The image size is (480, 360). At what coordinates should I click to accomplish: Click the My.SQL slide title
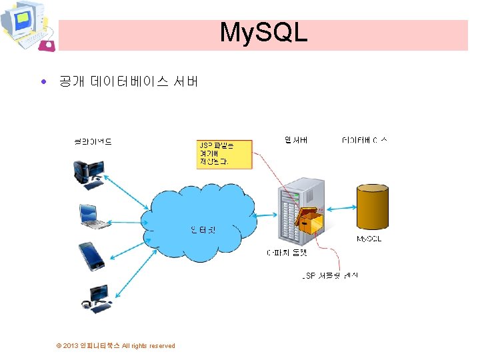click(x=263, y=32)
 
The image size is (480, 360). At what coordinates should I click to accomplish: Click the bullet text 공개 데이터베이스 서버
click(x=128, y=82)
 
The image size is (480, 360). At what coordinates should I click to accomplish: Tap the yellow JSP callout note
click(x=224, y=154)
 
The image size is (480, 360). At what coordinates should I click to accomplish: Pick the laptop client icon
click(x=93, y=215)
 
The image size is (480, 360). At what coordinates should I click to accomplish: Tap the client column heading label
click(x=93, y=141)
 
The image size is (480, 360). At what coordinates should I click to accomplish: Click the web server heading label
click(x=295, y=140)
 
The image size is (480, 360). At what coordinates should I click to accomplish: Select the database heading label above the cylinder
click(x=364, y=140)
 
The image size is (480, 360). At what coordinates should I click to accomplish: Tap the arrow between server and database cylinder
click(x=341, y=207)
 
